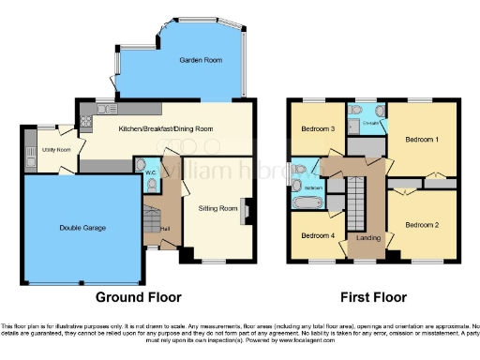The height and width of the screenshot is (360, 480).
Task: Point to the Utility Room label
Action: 56,150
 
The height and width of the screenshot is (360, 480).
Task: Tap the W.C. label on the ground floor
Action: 149,172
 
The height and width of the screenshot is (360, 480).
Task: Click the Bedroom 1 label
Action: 421,139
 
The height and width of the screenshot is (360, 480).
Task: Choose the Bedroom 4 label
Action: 319,235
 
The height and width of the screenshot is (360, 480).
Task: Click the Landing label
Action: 368,238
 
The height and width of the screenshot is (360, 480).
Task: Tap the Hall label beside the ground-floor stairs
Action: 165,229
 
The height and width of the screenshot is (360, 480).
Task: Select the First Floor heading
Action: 373,297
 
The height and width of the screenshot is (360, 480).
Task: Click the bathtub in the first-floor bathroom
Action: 306,202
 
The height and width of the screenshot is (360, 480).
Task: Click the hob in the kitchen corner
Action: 85,119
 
